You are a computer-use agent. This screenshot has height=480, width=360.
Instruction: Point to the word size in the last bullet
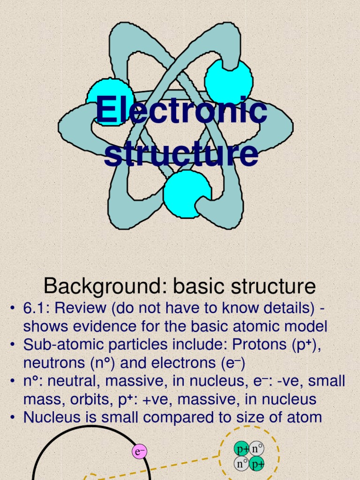tap(245, 417)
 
